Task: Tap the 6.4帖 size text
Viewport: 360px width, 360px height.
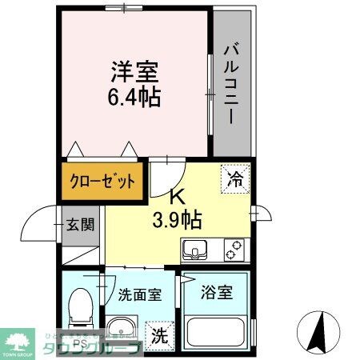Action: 134,98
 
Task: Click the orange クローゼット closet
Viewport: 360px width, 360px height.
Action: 101,181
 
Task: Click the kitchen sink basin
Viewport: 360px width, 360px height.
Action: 196,250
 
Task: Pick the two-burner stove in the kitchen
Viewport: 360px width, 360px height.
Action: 233,250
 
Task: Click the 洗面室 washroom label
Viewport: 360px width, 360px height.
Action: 138,293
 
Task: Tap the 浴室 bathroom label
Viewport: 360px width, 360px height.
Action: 216,293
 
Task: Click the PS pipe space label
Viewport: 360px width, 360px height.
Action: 78,345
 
